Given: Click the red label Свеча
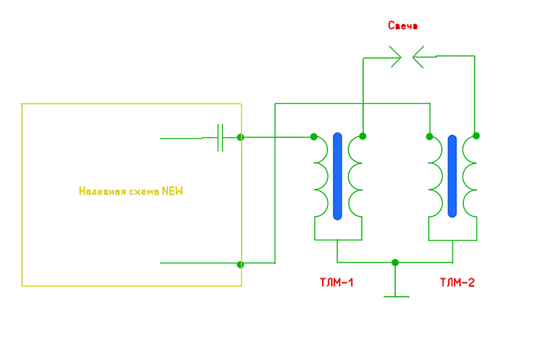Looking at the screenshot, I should tap(403, 26).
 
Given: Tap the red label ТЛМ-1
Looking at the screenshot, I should tap(336, 283).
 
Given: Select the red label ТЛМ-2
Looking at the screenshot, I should tap(457, 283).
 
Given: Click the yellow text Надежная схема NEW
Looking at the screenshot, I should tap(131, 191).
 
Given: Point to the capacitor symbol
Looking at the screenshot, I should tap(220, 137).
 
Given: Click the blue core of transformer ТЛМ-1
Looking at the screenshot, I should tap(338, 176).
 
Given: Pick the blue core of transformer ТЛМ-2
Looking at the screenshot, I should tap(452, 176).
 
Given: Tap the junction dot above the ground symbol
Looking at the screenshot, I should tap(394, 263).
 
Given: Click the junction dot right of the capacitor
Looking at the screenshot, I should tap(241, 137).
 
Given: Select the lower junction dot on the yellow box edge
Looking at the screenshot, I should tap(241, 265).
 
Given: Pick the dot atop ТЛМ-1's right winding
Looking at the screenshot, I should tap(363, 137).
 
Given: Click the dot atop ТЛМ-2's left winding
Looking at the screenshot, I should tap(429, 137).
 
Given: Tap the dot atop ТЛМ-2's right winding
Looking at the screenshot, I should tap(476, 136).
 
